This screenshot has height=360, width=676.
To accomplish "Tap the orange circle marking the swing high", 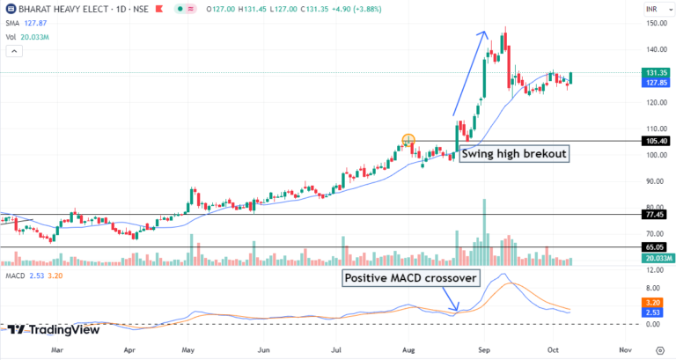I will tap(408, 140).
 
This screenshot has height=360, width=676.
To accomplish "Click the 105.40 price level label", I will tap(656, 141).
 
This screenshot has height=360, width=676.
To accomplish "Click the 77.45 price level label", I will tap(656, 214).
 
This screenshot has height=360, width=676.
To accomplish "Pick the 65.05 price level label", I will tap(656, 248).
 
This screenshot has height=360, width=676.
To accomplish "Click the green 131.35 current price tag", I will tap(656, 72).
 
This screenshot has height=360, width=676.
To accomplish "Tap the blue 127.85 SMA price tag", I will tap(656, 84).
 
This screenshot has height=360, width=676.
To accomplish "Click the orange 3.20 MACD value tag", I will tap(653, 301).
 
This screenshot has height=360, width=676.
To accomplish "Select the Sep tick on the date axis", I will tap(483, 349).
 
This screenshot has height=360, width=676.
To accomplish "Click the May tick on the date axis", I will tap(186, 349).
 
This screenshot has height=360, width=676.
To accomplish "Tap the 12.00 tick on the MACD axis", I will tap(654, 271).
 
